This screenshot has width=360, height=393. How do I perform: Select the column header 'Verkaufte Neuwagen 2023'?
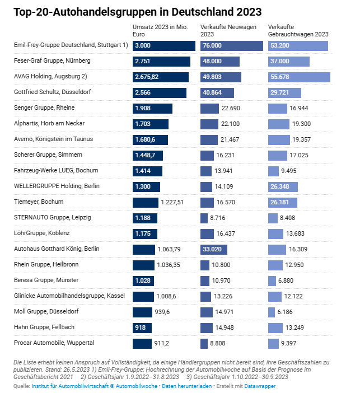[x=225, y=30]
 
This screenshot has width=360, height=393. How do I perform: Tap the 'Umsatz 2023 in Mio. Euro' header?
[x=160, y=30]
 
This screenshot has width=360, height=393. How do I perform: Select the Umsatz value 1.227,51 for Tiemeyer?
[x=172, y=202]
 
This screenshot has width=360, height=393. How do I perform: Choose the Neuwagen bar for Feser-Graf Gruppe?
[x=220, y=61]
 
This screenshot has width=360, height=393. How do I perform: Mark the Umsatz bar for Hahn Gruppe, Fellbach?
[x=142, y=327]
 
